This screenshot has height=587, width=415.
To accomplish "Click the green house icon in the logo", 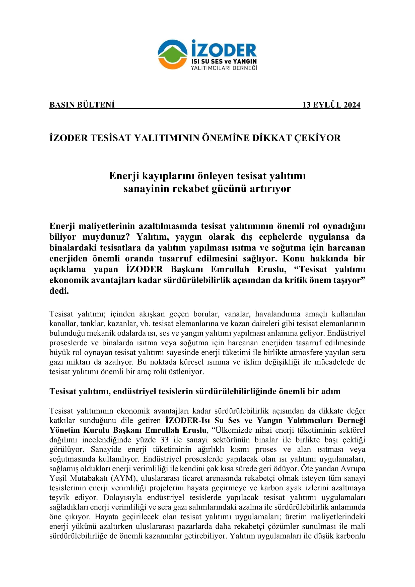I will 172,54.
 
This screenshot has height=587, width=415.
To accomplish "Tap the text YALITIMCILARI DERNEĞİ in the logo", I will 224,68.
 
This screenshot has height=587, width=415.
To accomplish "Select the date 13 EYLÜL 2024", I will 331,105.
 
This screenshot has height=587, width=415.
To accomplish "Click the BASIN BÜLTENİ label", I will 82,105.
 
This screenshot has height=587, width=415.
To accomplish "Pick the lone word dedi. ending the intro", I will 59,291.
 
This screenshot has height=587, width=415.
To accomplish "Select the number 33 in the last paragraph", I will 165,440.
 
